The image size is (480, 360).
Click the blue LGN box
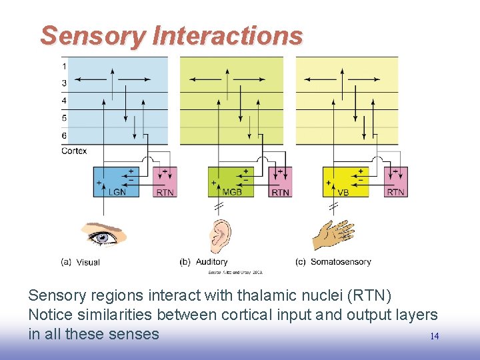117,181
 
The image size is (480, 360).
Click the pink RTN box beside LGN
165,181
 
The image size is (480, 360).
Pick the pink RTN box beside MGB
280,181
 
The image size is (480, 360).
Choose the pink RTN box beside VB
395,181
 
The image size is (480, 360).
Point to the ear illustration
221,235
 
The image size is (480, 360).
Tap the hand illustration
333,234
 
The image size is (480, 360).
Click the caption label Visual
88,263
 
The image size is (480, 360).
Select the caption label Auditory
211,262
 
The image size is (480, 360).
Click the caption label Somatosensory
341,262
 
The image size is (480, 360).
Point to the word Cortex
74,151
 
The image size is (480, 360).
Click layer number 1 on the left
64,66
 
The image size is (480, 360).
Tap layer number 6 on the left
64,136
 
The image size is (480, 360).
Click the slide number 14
434,337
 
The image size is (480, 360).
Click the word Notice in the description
51,315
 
